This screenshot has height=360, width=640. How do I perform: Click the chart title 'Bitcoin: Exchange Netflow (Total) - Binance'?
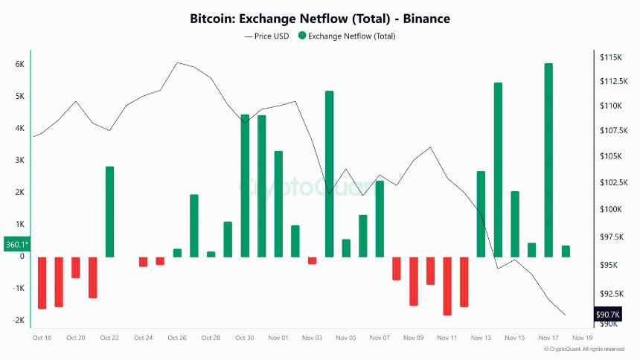[x=320, y=18]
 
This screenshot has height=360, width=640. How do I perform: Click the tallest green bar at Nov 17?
[x=548, y=160]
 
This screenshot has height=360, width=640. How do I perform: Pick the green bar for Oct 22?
[x=109, y=212]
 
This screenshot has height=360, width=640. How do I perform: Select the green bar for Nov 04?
[x=329, y=174]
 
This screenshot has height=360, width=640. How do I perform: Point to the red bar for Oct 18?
[x=42, y=283]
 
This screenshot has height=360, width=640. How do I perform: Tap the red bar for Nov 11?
[x=447, y=286]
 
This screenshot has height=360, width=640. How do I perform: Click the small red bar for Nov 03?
[x=313, y=260]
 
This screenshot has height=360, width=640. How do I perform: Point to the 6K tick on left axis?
[x=20, y=65]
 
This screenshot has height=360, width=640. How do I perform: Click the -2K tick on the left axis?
[x=19, y=321]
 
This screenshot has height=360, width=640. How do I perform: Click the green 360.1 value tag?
[x=16, y=244]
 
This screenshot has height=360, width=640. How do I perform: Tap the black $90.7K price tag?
[x=607, y=315]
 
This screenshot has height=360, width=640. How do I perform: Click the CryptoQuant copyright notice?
[x=584, y=349]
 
